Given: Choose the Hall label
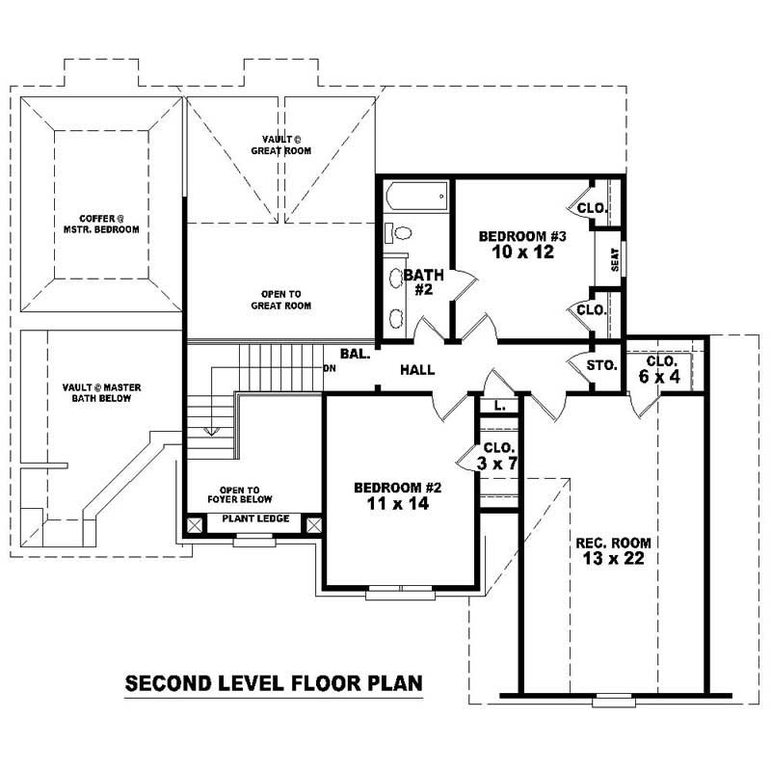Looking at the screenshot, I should click(x=416, y=369).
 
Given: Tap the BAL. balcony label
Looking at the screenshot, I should click(x=355, y=354).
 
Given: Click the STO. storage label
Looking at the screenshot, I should click(x=601, y=365).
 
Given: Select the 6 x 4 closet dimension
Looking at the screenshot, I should click(x=659, y=377).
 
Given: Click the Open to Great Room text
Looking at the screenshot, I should click(x=285, y=300).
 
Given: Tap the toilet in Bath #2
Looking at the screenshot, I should click(x=399, y=233).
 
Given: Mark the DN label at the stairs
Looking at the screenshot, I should click(x=330, y=368).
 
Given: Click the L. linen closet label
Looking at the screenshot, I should click(x=499, y=407).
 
